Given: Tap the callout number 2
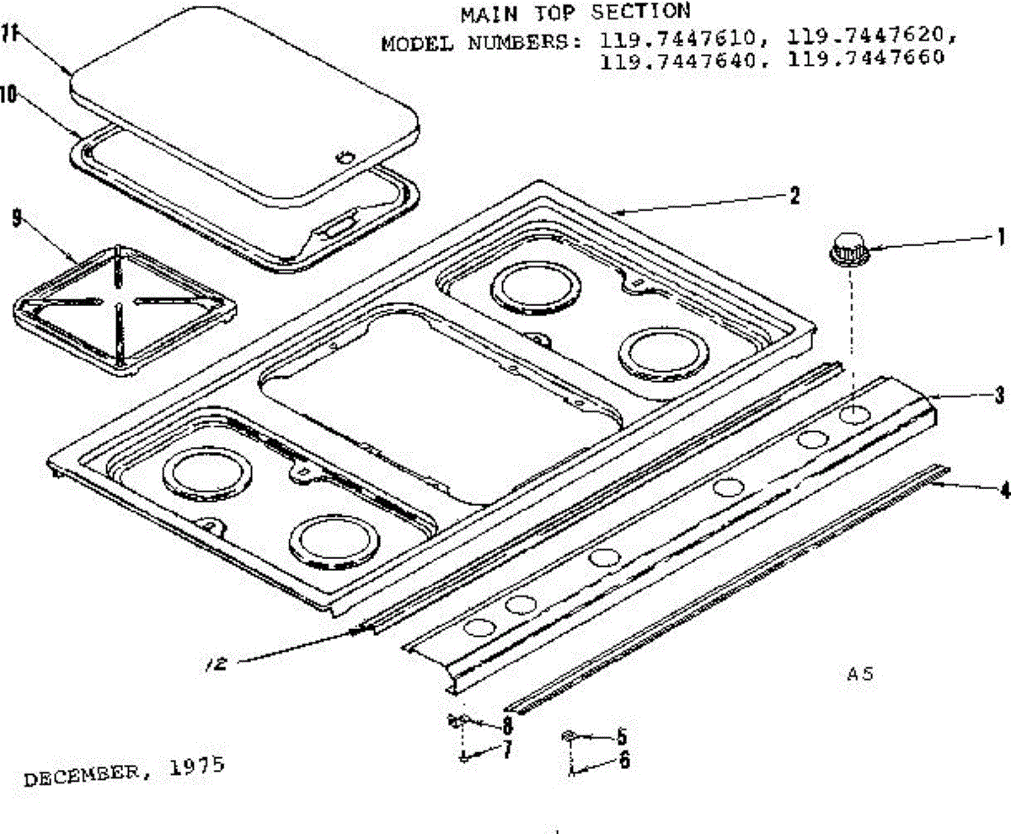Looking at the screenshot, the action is [793, 196].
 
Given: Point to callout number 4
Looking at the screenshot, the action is [1003, 490].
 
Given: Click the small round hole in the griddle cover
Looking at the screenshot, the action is [344, 157].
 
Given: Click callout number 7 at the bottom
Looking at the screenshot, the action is [506, 751].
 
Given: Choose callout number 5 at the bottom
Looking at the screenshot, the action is [623, 735].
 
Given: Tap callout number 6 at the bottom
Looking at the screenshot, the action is [623, 760].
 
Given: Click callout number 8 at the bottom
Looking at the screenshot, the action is [506, 725].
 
